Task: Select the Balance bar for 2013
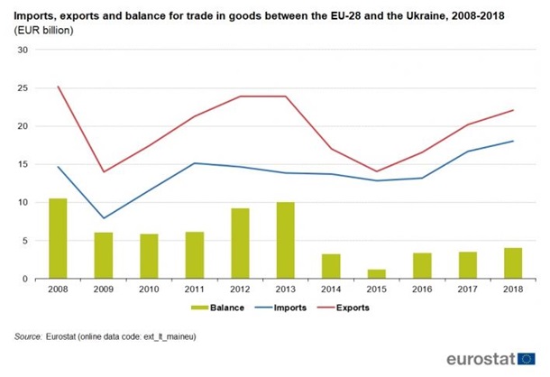(284, 240)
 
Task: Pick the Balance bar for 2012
(239, 244)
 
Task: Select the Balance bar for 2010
(148, 256)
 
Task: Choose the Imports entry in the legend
(276, 308)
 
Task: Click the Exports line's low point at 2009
(103, 171)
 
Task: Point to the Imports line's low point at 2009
(103, 218)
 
